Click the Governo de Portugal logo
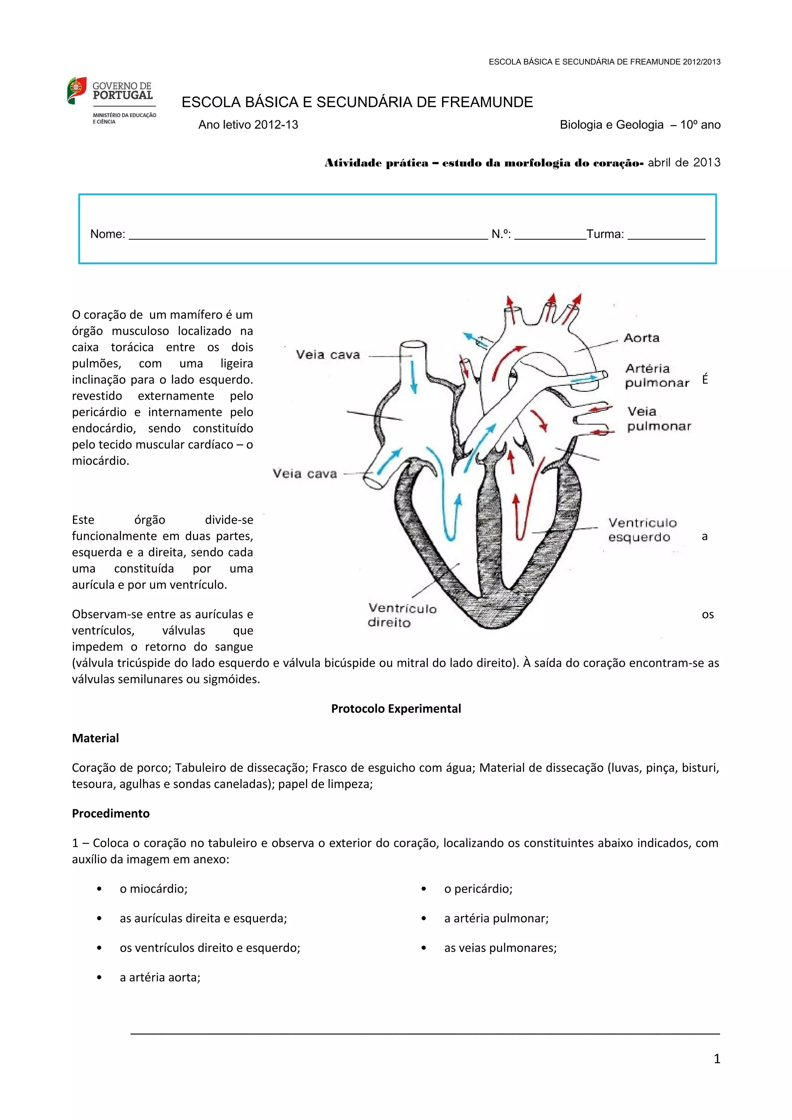pyautogui.click(x=111, y=100)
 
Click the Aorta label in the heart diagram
pyautogui.click(x=641, y=337)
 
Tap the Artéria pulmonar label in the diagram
pyautogui.click(x=657, y=375)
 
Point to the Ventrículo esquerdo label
pyautogui.click(x=642, y=530)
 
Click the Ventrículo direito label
pyautogui.click(x=402, y=615)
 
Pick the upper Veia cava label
pyautogui.click(x=328, y=355)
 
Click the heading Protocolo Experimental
pyautogui.click(x=396, y=708)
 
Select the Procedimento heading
pyautogui.click(x=111, y=813)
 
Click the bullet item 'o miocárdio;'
pyautogui.click(x=154, y=888)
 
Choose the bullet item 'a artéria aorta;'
pyautogui.click(x=160, y=977)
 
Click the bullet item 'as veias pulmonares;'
pyautogui.click(x=500, y=947)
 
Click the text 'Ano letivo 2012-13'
pyautogui.click(x=248, y=125)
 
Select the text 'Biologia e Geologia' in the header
pyautogui.click(x=611, y=125)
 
